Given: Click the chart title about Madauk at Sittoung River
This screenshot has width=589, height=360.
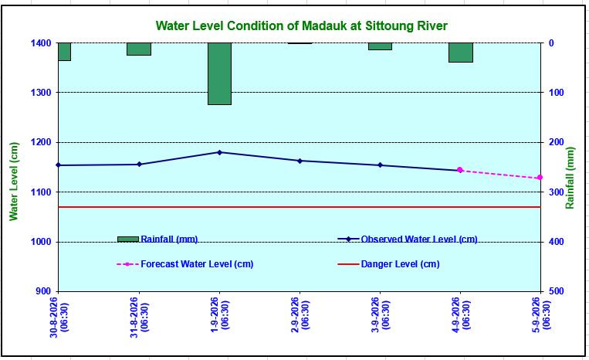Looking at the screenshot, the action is tap(302, 26).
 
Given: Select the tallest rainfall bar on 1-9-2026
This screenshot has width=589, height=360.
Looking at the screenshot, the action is tap(220, 73).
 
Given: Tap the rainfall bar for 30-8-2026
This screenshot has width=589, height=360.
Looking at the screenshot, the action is tap(65, 52).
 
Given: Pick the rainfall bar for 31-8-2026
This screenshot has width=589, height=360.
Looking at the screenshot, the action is tap(139, 49).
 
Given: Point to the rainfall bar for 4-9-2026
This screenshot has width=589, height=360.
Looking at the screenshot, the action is tap(461, 53).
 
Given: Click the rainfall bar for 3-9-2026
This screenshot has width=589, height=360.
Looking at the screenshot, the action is tap(380, 46).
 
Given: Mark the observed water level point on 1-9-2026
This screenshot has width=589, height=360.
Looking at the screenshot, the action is tap(220, 152).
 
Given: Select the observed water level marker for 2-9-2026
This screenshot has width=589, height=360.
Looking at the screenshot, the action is tap(300, 161).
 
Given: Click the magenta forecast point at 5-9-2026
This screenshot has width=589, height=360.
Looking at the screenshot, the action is tap(540, 178).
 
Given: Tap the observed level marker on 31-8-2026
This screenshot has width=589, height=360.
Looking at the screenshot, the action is tap(140, 165).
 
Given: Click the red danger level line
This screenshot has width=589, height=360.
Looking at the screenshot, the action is tap(300, 207).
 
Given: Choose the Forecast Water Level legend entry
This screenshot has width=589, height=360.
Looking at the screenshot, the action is tap(185, 264).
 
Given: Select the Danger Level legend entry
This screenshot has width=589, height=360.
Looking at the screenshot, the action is tap(389, 264).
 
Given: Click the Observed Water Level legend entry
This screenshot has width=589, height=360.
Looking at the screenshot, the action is tap(408, 239).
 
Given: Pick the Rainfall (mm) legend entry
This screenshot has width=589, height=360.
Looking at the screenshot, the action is tap(157, 239).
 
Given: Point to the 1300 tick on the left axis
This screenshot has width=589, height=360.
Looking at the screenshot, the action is tap(41, 93).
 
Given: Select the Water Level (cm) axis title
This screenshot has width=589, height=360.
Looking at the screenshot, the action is tap(14, 182).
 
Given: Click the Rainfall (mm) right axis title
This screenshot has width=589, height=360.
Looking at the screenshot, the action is tap(570, 178).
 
